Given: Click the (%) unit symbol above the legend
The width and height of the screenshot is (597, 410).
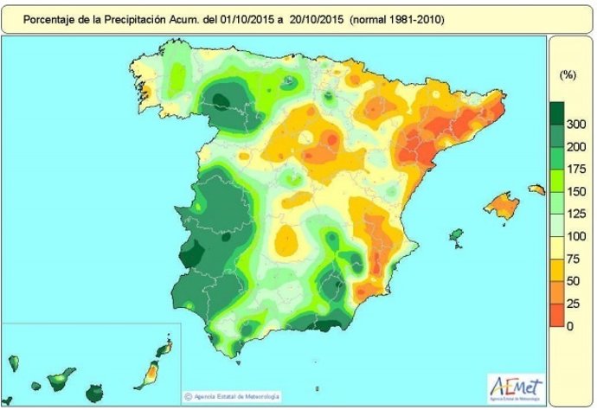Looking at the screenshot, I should [568, 75].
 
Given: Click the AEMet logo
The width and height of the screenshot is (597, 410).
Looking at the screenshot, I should [516, 386].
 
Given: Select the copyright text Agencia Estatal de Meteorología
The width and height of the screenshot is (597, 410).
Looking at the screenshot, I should [234, 397].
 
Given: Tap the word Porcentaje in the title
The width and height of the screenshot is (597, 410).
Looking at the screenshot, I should [48, 17].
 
